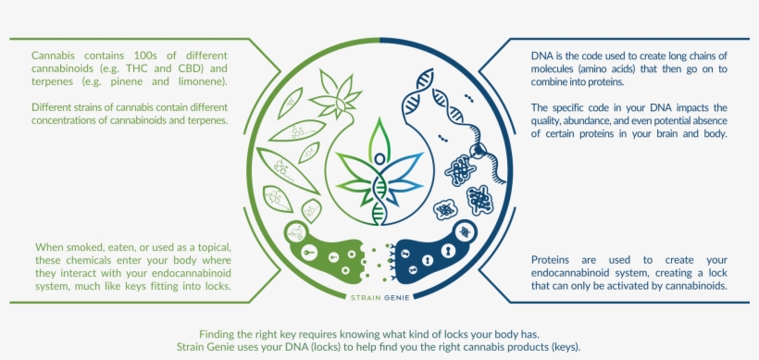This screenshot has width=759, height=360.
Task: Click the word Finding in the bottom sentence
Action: [219, 334]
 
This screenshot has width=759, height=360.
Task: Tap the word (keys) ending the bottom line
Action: [563, 347]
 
